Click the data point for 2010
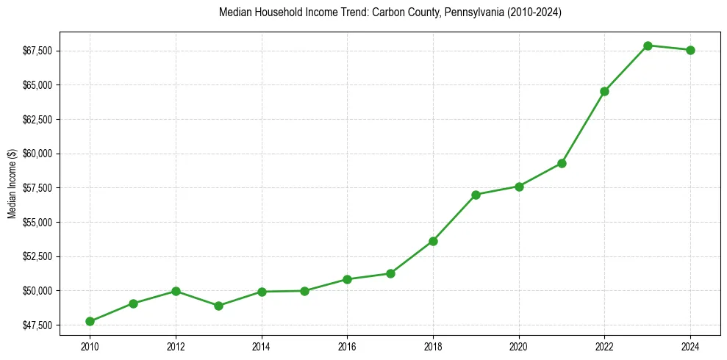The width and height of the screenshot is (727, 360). pos(90,321)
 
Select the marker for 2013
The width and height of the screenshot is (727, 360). pos(218,306)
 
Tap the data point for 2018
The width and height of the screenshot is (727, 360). pos(433,241)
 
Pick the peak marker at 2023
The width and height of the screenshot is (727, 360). pos(648,46)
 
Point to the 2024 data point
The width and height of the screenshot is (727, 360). pos(690,50)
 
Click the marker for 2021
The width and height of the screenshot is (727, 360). pos(562,163)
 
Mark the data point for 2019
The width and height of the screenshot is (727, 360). pos(476,195)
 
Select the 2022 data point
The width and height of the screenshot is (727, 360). pos(604,91)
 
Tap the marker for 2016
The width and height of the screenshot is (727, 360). pos(347,279)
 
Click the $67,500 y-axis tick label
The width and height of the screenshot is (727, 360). pos(38,51)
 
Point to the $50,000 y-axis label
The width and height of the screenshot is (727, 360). pos(38,291)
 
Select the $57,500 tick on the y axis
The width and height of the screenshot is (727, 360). pos(38,188)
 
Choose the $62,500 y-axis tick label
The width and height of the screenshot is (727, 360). pos(38,119)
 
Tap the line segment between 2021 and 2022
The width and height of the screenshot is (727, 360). pos(583,127)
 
